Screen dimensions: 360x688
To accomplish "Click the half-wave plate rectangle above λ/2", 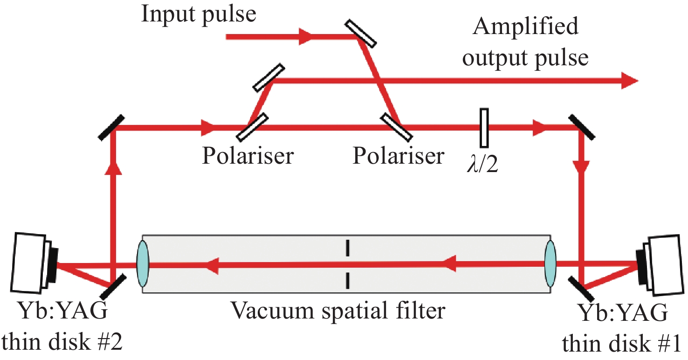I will tap(484, 127).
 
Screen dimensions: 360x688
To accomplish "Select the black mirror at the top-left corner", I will tap(111, 126).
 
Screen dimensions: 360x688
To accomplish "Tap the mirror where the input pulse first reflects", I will tap(361, 33).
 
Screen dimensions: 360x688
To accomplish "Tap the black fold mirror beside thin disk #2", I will tap(112, 285).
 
